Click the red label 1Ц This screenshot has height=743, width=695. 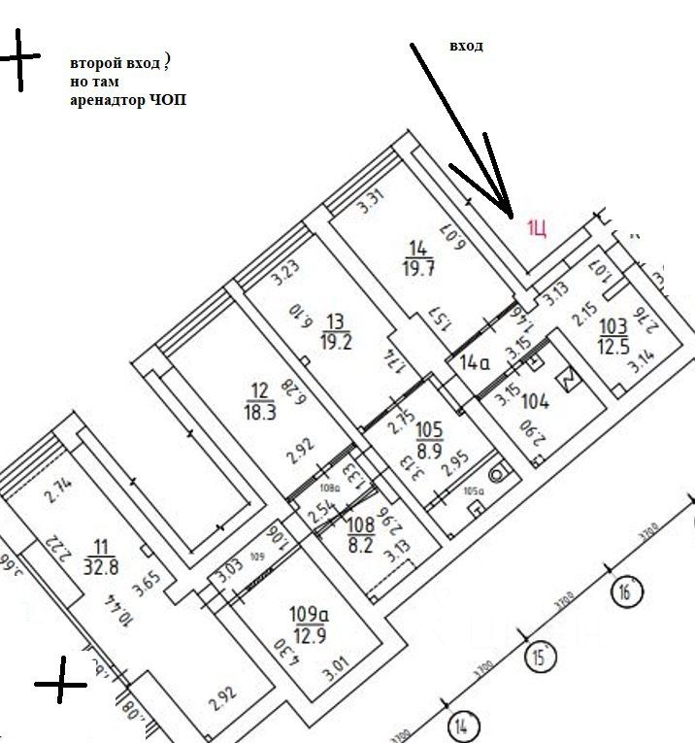(538, 228)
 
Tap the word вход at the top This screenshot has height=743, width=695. (466, 46)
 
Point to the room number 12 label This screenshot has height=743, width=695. (258, 390)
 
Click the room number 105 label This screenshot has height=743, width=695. (429, 430)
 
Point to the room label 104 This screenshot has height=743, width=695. (536, 400)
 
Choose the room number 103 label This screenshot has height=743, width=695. (613, 327)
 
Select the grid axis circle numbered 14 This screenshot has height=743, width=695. (463, 725)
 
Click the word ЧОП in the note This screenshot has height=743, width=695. (171, 100)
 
